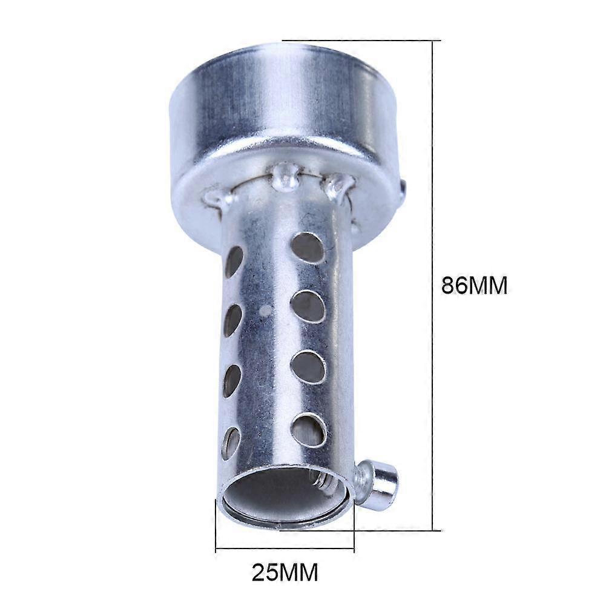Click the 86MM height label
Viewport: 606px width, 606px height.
[474, 286]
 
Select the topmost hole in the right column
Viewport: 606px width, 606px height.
[308, 248]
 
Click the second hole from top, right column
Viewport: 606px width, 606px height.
[308, 307]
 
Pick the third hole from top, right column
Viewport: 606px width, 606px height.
[308, 367]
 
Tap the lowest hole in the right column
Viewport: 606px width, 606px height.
[309, 430]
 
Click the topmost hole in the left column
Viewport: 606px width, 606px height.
[234, 262]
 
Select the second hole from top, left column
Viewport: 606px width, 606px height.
[232, 320]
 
